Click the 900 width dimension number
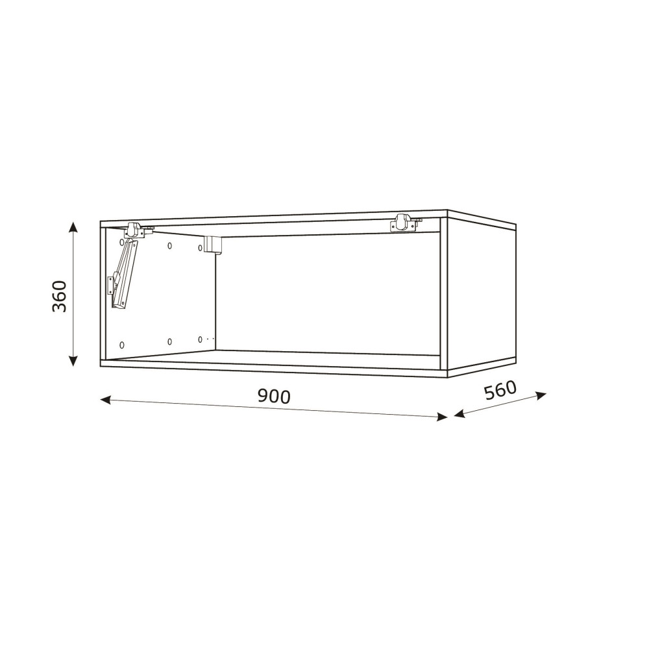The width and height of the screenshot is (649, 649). (274, 396)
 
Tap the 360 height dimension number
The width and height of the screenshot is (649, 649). (59, 297)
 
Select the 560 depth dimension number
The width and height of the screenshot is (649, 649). (500, 389)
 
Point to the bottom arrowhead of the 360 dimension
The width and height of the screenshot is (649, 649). (73, 361)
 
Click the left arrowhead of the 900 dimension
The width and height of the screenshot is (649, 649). (106, 399)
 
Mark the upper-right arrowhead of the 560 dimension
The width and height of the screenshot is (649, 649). (541, 395)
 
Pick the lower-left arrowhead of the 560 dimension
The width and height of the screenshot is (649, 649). (459, 413)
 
